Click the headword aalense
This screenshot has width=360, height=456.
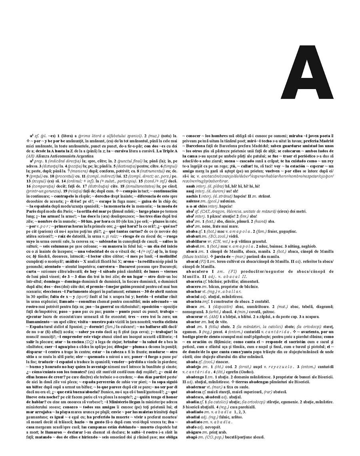[192, 212]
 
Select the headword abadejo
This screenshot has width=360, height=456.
[193, 366]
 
